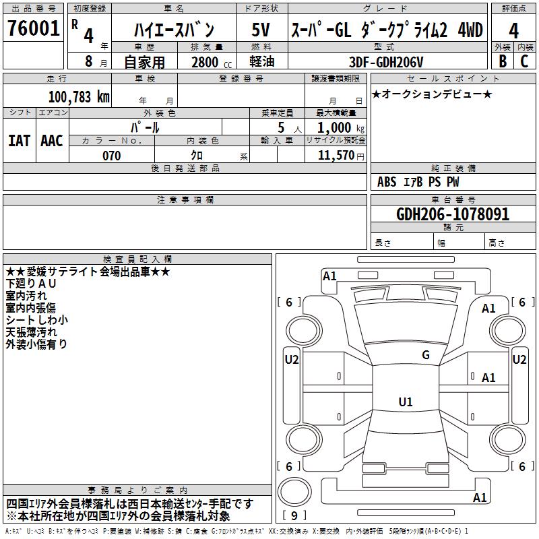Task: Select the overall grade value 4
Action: [x=514, y=31]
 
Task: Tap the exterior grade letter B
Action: [x=502, y=61]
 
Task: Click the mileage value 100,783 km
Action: [x=80, y=96]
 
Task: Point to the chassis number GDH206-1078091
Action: [x=453, y=214]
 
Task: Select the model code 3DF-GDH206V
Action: [x=387, y=61]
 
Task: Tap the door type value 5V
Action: [x=261, y=30]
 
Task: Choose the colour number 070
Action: [x=111, y=155]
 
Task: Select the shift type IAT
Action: [x=19, y=140]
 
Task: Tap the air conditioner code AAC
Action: [x=52, y=140]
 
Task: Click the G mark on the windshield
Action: [x=425, y=355]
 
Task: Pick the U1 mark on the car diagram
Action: [x=405, y=402]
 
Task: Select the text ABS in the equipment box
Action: [x=387, y=182]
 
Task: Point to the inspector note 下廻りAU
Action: [x=31, y=284]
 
